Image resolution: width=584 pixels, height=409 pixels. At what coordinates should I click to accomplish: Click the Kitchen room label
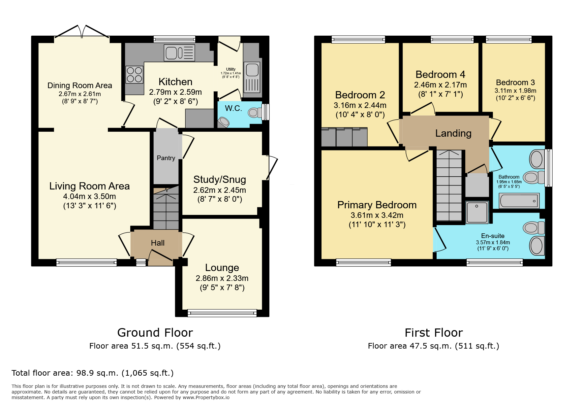click(x=175, y=82)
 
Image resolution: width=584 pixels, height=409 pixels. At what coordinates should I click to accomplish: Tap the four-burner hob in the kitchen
click(x=135, y=75)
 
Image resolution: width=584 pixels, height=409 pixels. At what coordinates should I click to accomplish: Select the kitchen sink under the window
click(x=179, y=53)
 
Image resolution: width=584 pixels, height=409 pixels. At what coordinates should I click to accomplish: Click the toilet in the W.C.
click(x=255, y=113)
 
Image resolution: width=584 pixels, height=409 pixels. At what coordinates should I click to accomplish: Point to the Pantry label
click(x=166, y=158)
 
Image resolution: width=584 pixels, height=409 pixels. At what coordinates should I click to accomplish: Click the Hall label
click(x=158, y=243)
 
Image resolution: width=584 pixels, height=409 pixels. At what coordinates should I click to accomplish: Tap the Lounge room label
click(x=222, y=268)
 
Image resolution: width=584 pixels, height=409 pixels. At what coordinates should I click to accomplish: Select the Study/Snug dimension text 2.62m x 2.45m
click(x=220, y=190)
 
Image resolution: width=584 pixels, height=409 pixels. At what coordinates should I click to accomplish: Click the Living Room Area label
click(x=89, y=186)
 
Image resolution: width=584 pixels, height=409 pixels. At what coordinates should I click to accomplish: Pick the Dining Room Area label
click(x=80, y=85)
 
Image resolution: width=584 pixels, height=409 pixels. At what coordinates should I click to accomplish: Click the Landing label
click(x=453, y=133)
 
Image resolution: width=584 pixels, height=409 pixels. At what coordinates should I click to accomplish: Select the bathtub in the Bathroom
click(x=519, y=201)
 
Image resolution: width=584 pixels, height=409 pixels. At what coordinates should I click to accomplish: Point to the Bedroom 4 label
click(x=440, y=75)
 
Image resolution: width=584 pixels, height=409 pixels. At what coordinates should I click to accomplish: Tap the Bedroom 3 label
click(x=515, y=83)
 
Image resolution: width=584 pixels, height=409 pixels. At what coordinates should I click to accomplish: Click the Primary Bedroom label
click(x=377, y=205)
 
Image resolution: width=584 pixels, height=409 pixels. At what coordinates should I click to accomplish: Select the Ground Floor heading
click(x=155, y=332)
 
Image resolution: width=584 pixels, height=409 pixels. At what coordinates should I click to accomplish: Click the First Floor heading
click(x=434, y=332)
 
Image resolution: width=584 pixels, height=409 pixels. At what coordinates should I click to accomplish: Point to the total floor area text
click(x=93, y=373)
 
